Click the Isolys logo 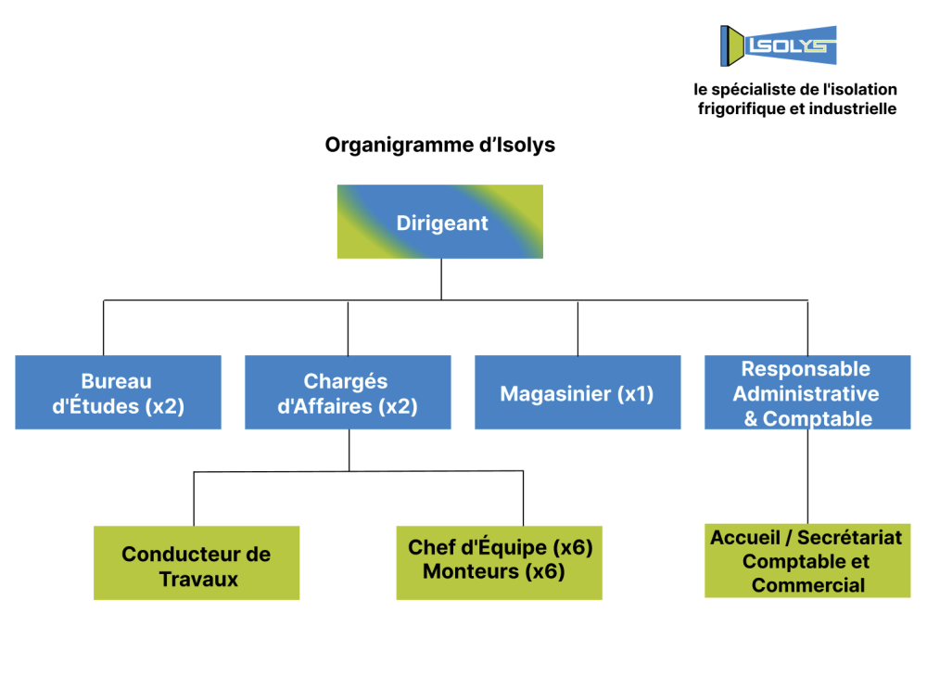[x=778, y=45]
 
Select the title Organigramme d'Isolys [x=439, y=145]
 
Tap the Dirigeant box [x=439, y=222]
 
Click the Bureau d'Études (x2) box [x=119, y=392]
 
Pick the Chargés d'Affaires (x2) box [x=348, y=392]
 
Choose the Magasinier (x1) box [x=578, y=392]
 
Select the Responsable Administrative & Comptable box [x=807, y=392]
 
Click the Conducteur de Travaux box [x=197, y=563]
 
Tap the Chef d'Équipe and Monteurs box [x=499, y=563]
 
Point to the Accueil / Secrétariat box [x=807, y=560]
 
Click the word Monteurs [x=471, y=571]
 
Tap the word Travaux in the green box [x=198, y=580]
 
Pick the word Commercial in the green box [x=808, y=585]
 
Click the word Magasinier [x=555, y=394]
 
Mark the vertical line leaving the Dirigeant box [x=441, y=279]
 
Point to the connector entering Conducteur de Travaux [x=194, y=499]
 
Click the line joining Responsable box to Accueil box [x=807, y=477]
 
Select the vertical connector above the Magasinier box [x=578, y=327]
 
